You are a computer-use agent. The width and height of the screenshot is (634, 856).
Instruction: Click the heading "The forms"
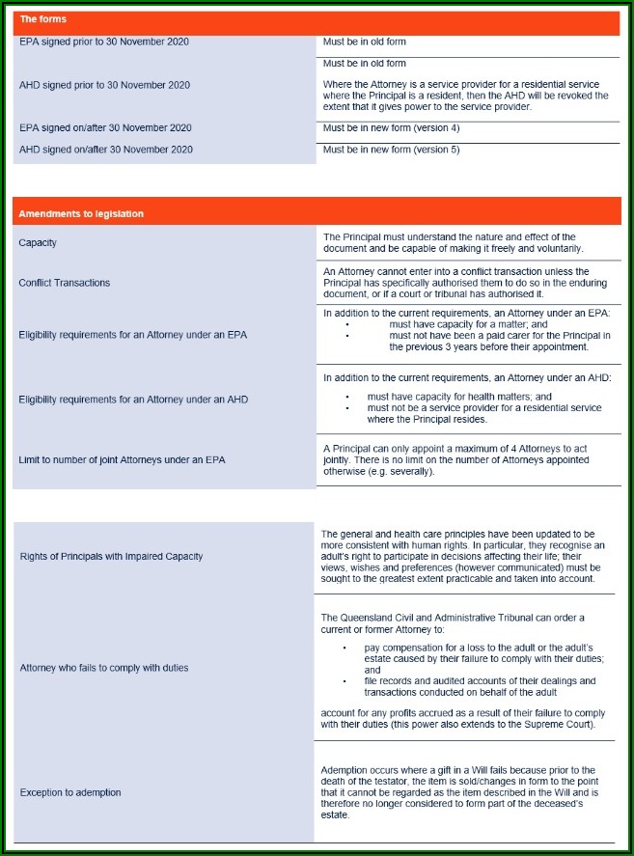click(x=43, y=19)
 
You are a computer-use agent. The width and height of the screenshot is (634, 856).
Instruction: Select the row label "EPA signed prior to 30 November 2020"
click(x=104, y=41)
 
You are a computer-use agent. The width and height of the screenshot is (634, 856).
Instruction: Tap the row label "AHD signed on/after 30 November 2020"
click(x=105, y=150)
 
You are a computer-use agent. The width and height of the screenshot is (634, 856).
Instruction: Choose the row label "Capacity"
click(x=39, y=242)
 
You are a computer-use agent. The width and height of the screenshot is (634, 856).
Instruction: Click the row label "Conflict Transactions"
click(x=64, y=283)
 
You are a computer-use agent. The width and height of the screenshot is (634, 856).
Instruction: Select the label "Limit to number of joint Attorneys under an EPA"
click(x=122, y=460)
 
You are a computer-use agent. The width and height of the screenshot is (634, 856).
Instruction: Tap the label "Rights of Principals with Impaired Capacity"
click(x=111, y=556)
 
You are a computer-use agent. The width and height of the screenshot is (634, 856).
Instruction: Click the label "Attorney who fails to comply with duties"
click(x=104, y=668)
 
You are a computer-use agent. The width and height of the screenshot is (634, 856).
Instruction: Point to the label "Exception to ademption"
click(x=70, y=792)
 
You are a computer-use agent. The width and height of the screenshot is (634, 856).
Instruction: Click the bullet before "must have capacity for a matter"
click(x=346, y=325)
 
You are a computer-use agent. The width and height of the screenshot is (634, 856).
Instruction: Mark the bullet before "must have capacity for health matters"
click(x=346, y=397)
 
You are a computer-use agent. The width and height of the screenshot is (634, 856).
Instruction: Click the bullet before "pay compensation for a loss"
click(x=345, y=648)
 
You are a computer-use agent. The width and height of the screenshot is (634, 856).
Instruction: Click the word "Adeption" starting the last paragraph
click(x=345, y=769)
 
